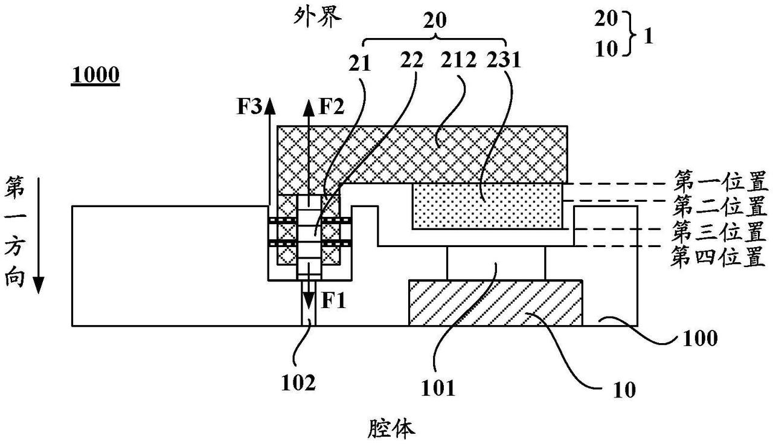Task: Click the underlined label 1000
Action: pyautogui.click(x=95, y=77)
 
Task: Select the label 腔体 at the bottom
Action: pyautogui.click(x=391, y=430)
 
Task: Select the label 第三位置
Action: pyautogui.click(x=719, y=233)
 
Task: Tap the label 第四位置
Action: pyautogui.click(x=719, y=259)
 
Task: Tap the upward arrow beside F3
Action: pyautogui.click(x=270, y=151)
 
